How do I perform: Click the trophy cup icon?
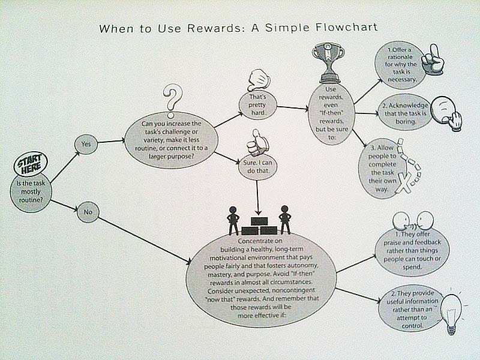coord(328,63)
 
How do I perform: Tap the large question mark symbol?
coord(173,100)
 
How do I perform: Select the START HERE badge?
coord(31,165)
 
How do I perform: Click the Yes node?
coord(86,144)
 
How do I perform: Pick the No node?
coord(88,212)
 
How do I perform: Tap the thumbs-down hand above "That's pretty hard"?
coord(259,80)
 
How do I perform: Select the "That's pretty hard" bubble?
coord(258,105)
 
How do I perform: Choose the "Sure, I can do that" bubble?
coord(257,167)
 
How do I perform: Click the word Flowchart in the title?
coord(346,28)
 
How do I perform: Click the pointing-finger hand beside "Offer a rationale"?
coord(433,59)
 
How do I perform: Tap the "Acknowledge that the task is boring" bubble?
coord(405,113)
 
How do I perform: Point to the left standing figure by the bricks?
coord(233,220)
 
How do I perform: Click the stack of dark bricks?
coord(259,226)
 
